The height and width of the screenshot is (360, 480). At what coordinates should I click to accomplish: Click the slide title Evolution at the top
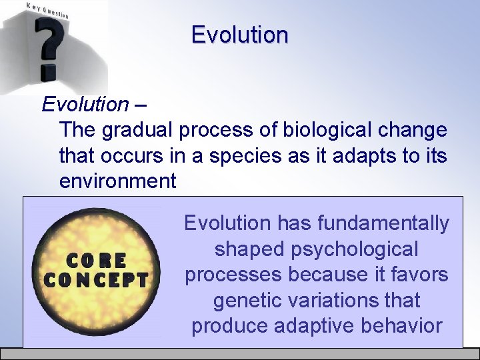[x=239, y=35]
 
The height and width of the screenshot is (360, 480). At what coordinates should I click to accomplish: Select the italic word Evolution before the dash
[x=85, y=105]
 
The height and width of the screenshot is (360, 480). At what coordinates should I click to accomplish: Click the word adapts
[x=351, y=155]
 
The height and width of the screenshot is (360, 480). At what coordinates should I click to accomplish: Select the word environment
[x=117, y=181]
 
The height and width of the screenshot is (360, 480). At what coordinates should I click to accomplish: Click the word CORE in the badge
[x=95, y=259]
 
